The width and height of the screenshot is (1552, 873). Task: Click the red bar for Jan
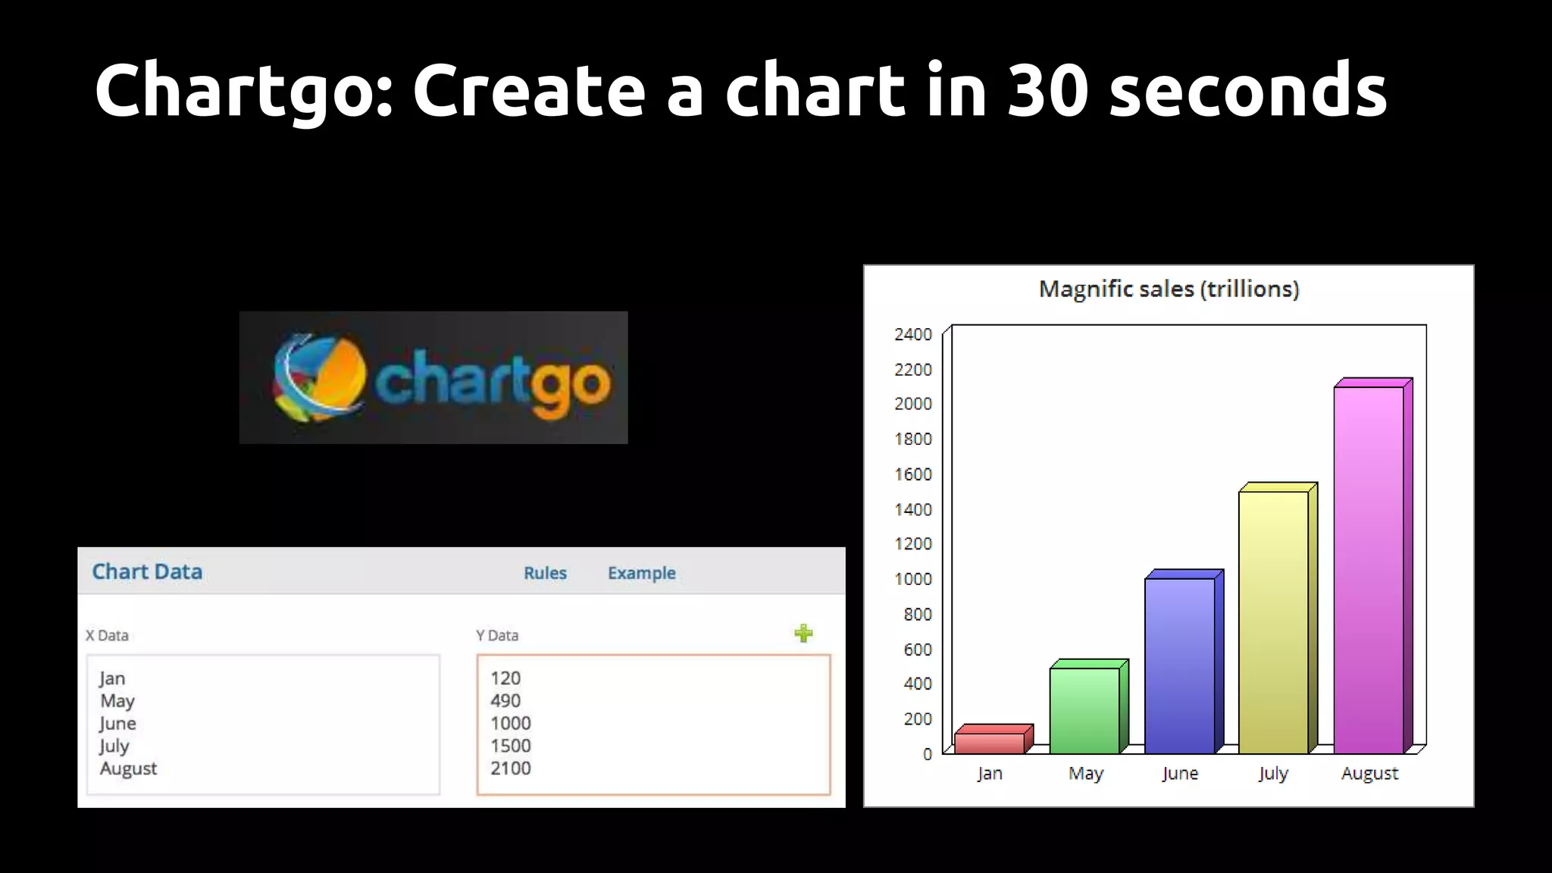[990, 742]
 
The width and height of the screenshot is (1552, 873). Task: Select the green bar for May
[1084, 710]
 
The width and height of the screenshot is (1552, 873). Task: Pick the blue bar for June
[1179, 665]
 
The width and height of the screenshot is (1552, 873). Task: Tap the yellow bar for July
[1274, 621]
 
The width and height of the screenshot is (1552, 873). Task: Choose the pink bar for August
[1369, 569]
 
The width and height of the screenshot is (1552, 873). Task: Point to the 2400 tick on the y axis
[913, 334]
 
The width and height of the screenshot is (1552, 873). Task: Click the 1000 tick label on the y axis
[913, 579]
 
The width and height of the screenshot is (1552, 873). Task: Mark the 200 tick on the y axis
[917, 718]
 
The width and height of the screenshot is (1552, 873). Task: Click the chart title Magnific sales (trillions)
[1169, 289]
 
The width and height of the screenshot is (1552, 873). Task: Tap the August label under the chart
[1369, 773]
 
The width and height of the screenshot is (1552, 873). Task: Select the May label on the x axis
[1085, 773]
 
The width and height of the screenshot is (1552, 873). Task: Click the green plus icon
[803, 633]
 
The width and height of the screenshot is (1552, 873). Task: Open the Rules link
[545, 573]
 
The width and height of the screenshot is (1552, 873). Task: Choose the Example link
[641, 573]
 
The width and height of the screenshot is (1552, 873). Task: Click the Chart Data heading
[147, 571]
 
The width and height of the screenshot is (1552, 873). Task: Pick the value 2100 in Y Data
[511, 768]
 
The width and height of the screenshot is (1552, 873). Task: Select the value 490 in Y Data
[505, 701]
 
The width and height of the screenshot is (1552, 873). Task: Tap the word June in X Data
[117, 724]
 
